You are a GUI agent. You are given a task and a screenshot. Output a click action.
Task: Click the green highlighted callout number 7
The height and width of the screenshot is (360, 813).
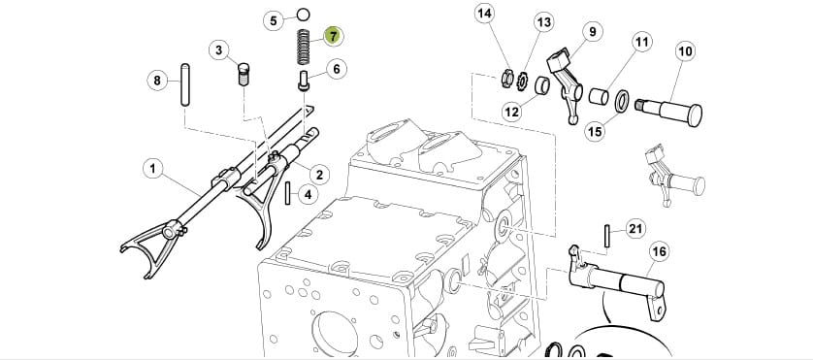click(x=333, y=36)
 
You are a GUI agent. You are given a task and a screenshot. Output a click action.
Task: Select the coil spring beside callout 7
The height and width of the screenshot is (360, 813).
click(x=304, y=48)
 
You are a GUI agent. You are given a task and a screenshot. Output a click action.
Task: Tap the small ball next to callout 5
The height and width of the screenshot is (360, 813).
click(x=304, y=14)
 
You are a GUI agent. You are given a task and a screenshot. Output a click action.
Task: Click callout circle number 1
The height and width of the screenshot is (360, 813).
click(x=153, y=169)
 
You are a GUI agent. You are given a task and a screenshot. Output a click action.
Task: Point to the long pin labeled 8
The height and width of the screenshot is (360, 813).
click(x=185, y=84)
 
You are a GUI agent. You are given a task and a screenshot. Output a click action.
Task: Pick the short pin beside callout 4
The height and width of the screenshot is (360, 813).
click(x=288, y=193)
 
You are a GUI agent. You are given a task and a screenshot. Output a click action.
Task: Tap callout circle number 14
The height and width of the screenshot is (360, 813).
click(x=484, y=14)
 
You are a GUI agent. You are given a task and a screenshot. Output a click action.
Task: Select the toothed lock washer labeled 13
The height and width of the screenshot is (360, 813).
click(x=521, y=81)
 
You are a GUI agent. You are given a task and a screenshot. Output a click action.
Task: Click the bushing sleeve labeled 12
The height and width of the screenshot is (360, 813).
click(x=543, y=83)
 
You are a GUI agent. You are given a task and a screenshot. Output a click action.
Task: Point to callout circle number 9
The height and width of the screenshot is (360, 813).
click(x=593, y=32)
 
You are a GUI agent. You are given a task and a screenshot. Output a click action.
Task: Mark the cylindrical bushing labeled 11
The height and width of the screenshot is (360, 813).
click(x=599, y=96)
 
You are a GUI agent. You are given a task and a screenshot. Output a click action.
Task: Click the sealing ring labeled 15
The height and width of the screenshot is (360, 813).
click(x=622, y=101)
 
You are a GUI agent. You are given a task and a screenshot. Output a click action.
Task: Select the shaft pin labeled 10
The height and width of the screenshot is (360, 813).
click(x=668, y=111)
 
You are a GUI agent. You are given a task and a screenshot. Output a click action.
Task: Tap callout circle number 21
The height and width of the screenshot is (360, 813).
click(x=635, y=229)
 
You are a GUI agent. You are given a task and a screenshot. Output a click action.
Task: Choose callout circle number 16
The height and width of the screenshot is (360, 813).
click(x=659, y=252)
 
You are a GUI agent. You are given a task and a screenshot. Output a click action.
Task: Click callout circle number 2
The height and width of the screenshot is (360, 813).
click(x=319, y=175)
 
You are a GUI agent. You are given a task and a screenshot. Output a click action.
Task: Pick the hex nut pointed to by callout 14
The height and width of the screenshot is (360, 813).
click(x=507, y=79)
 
